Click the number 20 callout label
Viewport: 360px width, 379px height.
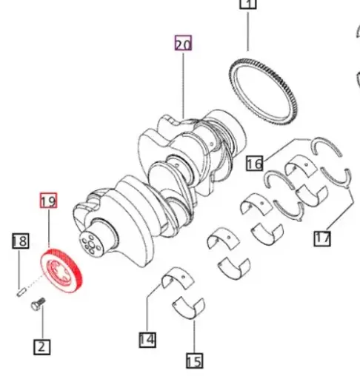click(183, 44)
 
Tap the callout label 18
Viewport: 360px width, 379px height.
click(20, 241)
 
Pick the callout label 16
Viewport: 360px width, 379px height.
click(254, 163)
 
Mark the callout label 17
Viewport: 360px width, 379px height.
click(322, 238)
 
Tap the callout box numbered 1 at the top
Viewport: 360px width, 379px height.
click(247, 4)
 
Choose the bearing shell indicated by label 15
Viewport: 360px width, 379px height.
click(189, 305)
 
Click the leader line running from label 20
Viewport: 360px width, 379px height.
click(183, 81)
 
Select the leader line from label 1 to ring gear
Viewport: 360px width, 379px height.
click(247, 33)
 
